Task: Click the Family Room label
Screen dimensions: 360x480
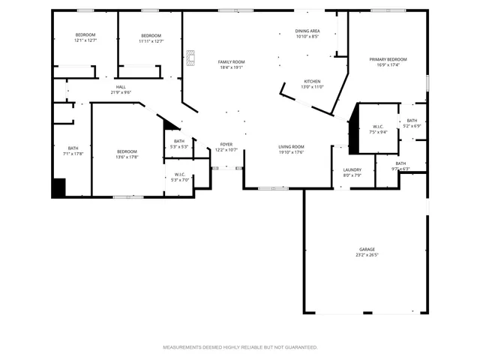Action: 232,61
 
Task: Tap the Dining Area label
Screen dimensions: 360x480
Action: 307,31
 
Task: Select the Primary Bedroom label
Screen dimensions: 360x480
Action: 388,59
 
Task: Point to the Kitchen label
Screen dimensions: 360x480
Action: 313,81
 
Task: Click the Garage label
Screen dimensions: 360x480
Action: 367,249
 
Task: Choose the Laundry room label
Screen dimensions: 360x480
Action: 352,169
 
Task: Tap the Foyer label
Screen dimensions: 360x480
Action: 226,144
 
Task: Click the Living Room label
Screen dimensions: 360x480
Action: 291,146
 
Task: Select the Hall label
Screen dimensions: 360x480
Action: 121,87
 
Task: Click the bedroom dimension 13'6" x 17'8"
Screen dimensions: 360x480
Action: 127,157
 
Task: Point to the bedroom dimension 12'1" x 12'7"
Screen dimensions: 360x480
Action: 86,41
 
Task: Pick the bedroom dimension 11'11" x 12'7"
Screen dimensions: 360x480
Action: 151,41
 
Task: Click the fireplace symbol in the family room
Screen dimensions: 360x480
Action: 190,57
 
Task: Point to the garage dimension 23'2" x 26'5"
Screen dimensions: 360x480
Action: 367,255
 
